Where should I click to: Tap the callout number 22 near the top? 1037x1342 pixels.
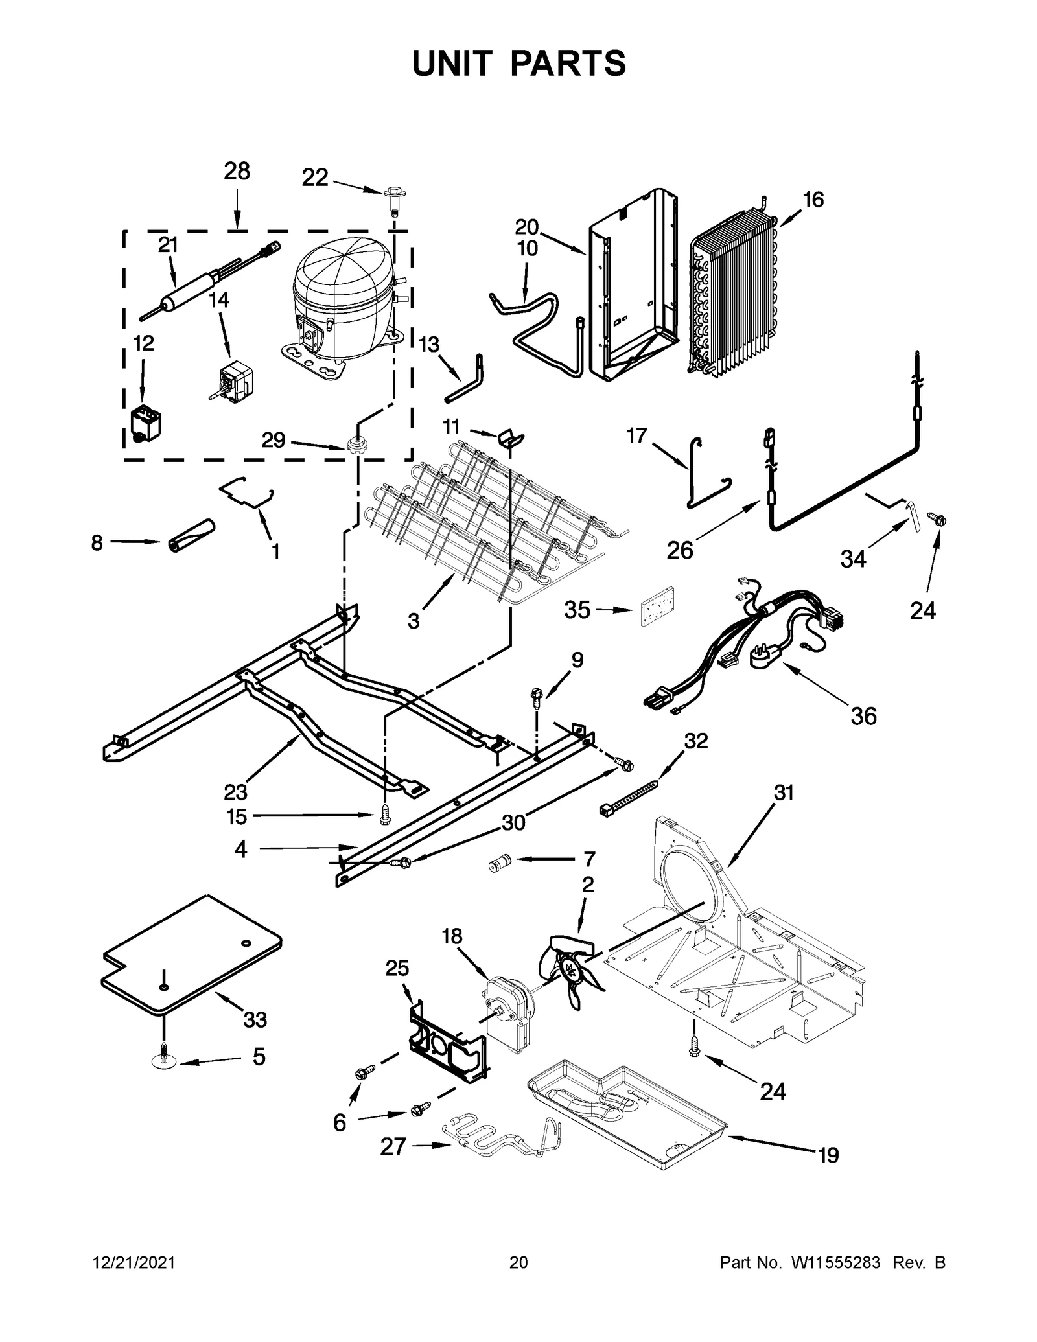point(315,178)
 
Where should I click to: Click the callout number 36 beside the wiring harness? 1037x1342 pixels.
point(863,716)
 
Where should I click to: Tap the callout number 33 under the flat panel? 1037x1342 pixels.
point(255,1019)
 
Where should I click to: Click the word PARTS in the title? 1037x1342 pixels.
point(568,64)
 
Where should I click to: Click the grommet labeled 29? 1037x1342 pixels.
point(355,445)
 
